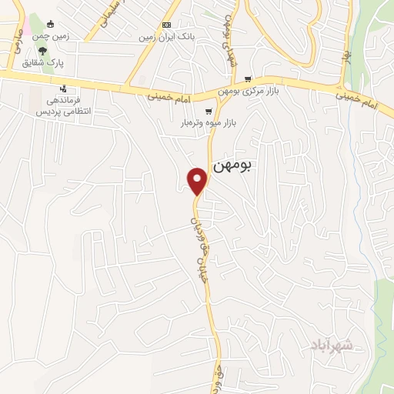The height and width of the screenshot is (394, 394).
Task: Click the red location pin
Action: tap(199, 180)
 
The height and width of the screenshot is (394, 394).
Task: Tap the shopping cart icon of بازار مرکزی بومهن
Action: tap(248, 78)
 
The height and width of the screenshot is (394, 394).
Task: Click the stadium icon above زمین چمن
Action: tap(51, 25)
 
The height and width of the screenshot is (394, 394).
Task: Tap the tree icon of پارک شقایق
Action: tap(42, 52)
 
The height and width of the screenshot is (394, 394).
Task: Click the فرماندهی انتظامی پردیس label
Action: tap(68, 106)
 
